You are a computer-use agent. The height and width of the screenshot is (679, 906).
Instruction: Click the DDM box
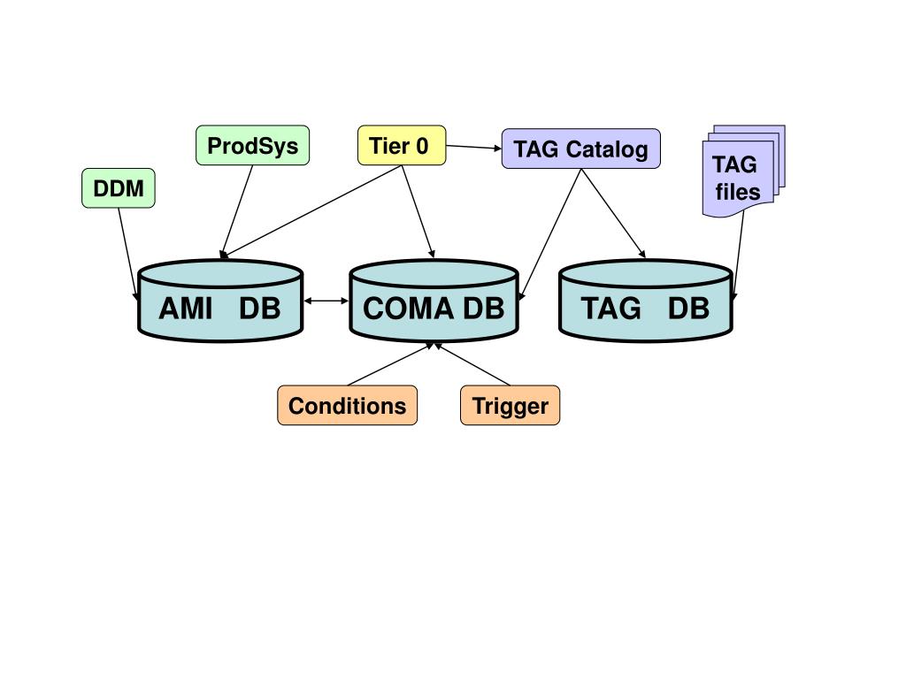tap(119, 188)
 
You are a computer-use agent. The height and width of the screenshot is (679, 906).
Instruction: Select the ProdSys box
tap(252, 146)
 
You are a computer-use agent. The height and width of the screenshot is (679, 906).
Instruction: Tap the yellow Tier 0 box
tap(402, 146)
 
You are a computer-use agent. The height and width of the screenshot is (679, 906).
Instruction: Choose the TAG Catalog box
tap(580, 149)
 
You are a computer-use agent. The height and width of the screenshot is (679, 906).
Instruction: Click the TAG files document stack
tap(743, 172)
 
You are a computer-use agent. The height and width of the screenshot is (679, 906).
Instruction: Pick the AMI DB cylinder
tap(220, 301)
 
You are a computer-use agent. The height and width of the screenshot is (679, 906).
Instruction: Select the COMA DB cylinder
tap(434, 301)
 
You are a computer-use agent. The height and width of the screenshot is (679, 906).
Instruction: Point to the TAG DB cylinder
tap(645, 301)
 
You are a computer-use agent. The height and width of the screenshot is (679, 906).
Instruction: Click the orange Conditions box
tap(347, 405)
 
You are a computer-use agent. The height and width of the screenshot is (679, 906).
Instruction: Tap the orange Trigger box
tap(511, 405)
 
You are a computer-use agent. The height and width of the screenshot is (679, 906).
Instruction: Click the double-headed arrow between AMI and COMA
tap(326, 301)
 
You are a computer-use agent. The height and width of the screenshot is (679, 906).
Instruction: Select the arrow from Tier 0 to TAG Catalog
tap(474, 148)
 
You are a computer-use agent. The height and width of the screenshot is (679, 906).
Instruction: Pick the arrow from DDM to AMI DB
tap(128, 254)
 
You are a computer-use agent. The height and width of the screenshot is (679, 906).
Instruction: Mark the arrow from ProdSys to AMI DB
tap(237, 211)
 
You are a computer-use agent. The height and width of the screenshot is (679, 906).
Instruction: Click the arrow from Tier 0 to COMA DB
tap(418, 211)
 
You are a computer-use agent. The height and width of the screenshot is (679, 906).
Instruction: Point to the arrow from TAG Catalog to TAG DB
tap(613, 213)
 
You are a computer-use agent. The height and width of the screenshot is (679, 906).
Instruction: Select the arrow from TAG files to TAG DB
tap(738, 256)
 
